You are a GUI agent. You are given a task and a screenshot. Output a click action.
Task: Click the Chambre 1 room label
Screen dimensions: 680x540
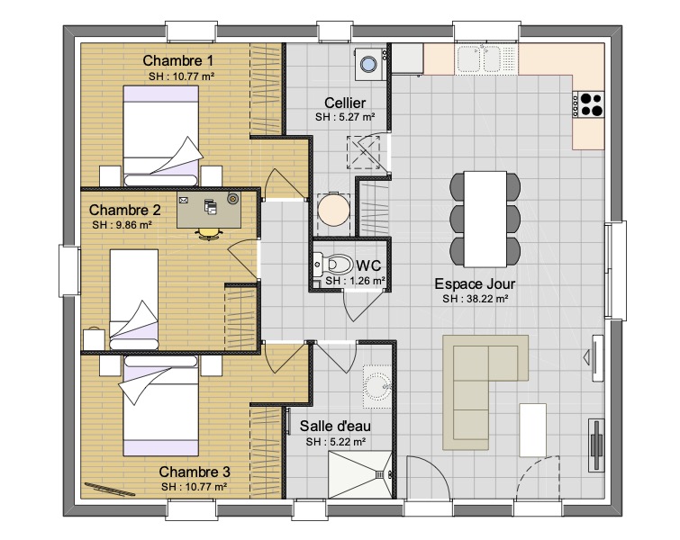[x=177, y=60]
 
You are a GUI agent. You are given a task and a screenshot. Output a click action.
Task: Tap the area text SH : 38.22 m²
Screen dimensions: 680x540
[x=476, y=299]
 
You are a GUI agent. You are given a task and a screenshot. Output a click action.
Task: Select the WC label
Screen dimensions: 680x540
[x=368, y=265]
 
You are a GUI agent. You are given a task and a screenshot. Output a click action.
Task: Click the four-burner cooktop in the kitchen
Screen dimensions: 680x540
[x=588, y=104]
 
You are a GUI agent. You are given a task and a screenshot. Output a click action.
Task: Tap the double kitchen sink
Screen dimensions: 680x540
[x=479, y=58]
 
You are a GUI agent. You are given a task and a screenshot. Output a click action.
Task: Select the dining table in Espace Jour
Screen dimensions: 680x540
[x=485, y=219]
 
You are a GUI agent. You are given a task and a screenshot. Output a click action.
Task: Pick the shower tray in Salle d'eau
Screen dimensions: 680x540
[x=360, y=475]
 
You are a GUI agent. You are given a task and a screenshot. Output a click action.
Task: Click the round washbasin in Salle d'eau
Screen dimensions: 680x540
[x=377, y=386]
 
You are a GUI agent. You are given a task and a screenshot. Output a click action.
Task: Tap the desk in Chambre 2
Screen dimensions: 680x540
[x=209, y=211]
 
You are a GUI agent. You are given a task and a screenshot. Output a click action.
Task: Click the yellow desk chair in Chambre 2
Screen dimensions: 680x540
[x=209, y=234]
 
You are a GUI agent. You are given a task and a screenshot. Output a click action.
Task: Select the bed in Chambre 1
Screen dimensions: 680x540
[x=161, y=136]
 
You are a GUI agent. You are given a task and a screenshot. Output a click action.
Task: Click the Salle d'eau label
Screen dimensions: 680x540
[x=335, y=426]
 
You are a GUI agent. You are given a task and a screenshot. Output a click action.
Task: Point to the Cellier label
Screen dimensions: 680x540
[x=345, y=103]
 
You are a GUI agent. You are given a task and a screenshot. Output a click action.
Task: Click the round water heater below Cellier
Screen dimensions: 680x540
[x=333, y=210]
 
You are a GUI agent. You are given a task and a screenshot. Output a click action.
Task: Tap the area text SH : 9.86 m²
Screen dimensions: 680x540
[x=122, y=225]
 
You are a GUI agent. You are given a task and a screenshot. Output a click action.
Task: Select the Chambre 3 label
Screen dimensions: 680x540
[x=195, y=472]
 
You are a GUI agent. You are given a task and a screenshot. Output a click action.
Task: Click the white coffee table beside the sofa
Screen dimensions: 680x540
[x=532, y=430]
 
